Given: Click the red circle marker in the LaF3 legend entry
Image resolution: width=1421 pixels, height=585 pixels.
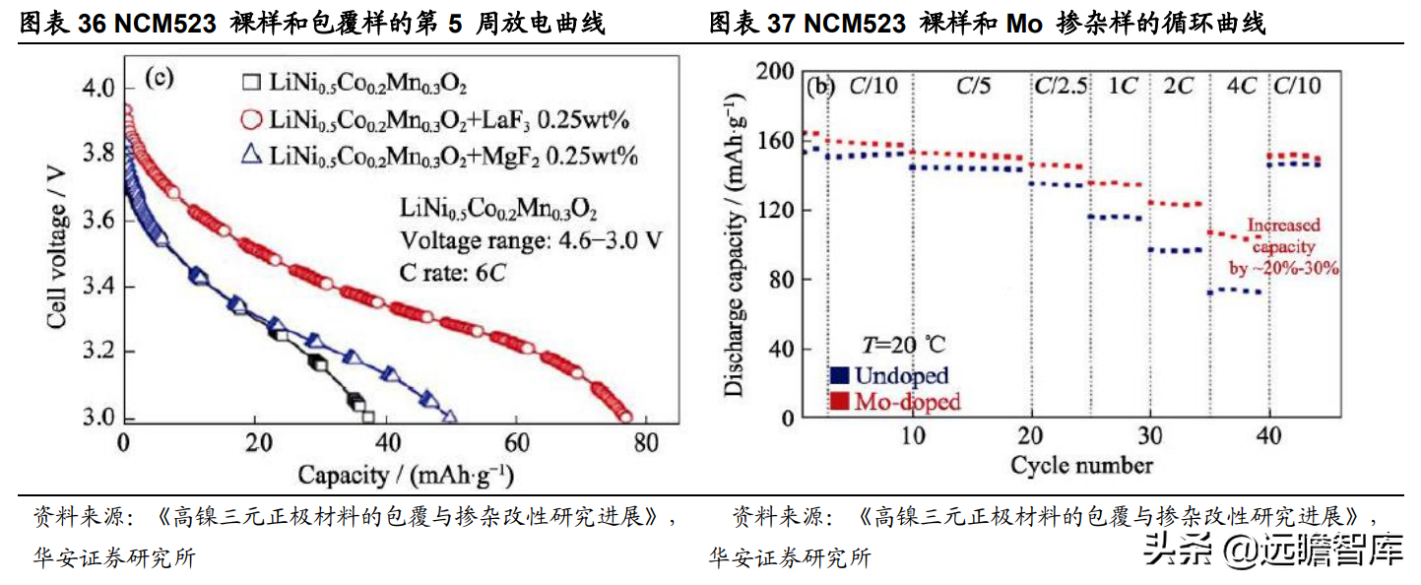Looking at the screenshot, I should pyautogui.click(x=251, y=120).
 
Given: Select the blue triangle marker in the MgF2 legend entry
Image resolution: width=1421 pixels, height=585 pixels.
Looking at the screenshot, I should pyautogui.click(x=251, y=156).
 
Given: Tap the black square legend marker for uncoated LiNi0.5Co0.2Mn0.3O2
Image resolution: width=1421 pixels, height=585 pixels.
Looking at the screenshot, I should pyautogui.click(x=252, y=83).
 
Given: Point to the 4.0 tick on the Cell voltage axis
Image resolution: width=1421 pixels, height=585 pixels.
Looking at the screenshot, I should pyautogui.click(x=97, y=90).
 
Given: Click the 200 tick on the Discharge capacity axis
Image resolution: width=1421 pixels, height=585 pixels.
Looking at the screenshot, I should pyautogui.click(x=773, y=72).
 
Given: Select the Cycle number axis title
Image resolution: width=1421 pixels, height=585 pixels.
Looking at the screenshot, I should pyautogui.click(x=1081, y=464).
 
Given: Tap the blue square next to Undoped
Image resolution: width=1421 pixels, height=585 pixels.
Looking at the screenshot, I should pyautogui.click(x=840, y=375).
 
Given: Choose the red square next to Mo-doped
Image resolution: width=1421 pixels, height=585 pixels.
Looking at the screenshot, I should pyautogui.click(x=840, y=401).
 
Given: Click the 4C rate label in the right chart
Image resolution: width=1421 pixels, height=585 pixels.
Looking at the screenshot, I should pyautogui.click(x=1239, y=86).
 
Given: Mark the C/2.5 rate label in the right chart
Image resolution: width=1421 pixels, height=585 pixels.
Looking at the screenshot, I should pyautogui.click(x=1061, y=86).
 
